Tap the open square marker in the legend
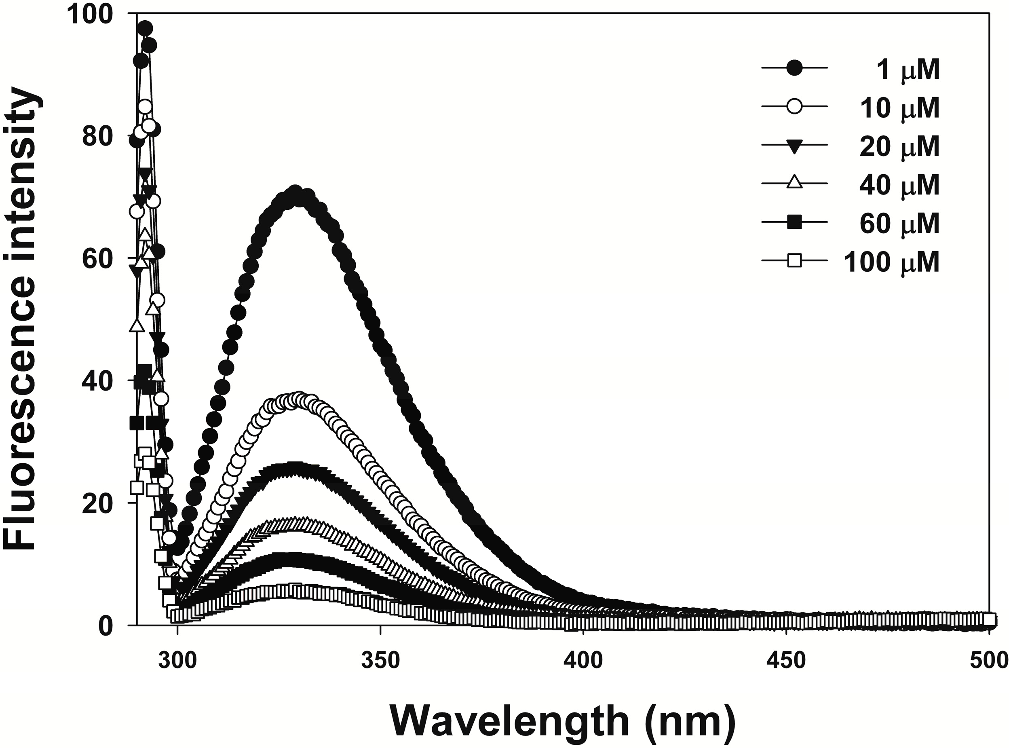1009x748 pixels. pos(795,261)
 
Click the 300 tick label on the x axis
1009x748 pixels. pos(177,661)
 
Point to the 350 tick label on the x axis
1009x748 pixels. pos(380,661)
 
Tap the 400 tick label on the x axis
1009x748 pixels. pos(583,661)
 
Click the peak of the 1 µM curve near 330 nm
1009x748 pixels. pos(296,192)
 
